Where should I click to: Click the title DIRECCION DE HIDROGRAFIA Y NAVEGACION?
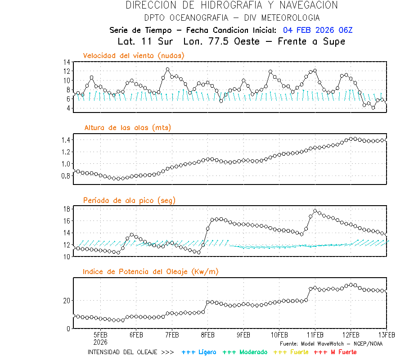point(232,5)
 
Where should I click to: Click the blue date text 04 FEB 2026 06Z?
point(318,30)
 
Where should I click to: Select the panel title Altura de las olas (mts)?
point(127,128)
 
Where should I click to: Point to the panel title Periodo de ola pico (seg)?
point(129,200)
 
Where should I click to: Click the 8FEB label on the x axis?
point(207,335)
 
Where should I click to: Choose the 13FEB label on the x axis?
point(387,335)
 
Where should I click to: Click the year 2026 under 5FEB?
point(100,342)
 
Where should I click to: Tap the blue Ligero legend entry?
point(199,352)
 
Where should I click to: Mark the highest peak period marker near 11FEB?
point(315,211)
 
